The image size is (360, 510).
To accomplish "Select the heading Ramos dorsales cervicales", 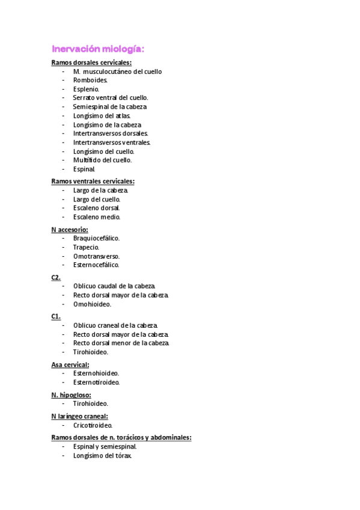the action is coord(91,63).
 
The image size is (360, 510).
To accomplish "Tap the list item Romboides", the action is coord(90,80).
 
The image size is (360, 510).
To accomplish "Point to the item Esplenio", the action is coord(86,89).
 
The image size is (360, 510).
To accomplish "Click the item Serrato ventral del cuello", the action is coord(110,97).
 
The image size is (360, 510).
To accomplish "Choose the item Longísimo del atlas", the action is coord(102,115).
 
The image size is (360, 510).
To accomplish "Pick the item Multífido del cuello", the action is coord(102,160).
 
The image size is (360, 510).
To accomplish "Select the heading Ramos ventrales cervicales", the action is coord(93,181).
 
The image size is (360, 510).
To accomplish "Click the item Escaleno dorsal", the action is coord(96,207).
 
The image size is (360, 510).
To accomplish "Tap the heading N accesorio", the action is coord(70,229).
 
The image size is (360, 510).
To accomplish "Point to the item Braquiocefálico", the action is coord(96,238).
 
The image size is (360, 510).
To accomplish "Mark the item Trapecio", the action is coord(86,247).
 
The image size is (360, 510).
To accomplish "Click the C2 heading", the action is coord(56,277).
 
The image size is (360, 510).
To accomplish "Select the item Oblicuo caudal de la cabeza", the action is coord(114,286).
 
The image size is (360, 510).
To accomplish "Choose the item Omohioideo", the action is coord(92,304).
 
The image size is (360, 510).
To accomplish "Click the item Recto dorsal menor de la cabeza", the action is coord(121,343).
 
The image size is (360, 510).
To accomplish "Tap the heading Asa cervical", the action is coord(70,364).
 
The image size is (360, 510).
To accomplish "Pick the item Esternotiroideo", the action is coord(96,382).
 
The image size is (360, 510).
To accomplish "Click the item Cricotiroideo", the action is coord(93,425).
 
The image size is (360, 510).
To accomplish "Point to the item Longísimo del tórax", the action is coord(102,455).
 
